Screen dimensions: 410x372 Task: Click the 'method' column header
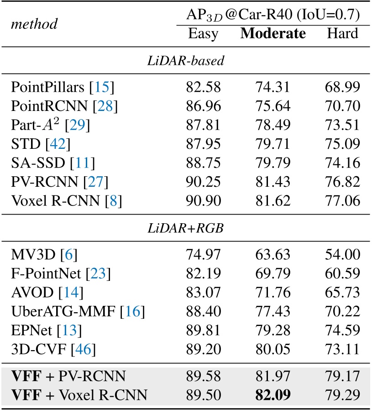[34, 24]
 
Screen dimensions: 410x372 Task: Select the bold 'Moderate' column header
[273, 34]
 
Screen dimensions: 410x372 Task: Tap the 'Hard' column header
[342, 34]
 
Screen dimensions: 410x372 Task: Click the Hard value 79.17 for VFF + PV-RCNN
[342, 376]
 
